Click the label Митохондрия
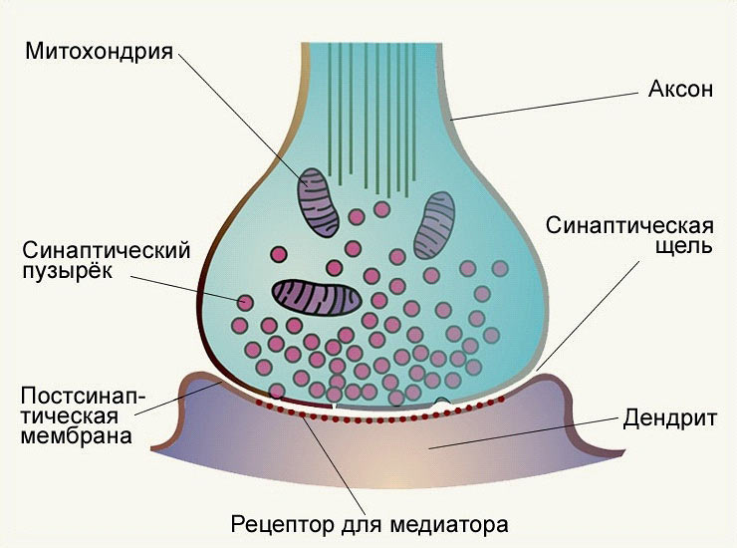(x=100, y=50)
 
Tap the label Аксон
(x=681, y=90)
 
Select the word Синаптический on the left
(x=106, y=249)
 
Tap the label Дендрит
(x=669, y=418)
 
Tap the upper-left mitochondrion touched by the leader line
(x=318, y=203)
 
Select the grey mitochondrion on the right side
(x=434, y=223)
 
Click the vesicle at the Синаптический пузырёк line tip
(x=245, y=298)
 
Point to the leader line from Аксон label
(x=548, y=105)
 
